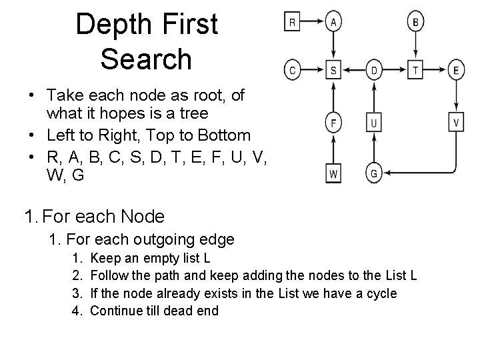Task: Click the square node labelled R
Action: click(292, 22)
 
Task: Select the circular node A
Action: click(333, 22)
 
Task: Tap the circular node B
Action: click(415, 22)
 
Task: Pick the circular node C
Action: click(292, 69)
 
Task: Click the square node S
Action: click(333, 69)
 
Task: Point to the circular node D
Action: click(374, 69)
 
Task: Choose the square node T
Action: click(415, 69)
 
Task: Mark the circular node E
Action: click(457, 69)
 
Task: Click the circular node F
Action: click(333, 123)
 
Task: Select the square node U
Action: click(374, 123)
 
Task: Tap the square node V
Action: click(457, 123)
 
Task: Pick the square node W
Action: click(333, 174)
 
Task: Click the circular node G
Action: click(374, 174)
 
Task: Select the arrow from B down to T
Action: click(415, 45)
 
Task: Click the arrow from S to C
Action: click(313, 69)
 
